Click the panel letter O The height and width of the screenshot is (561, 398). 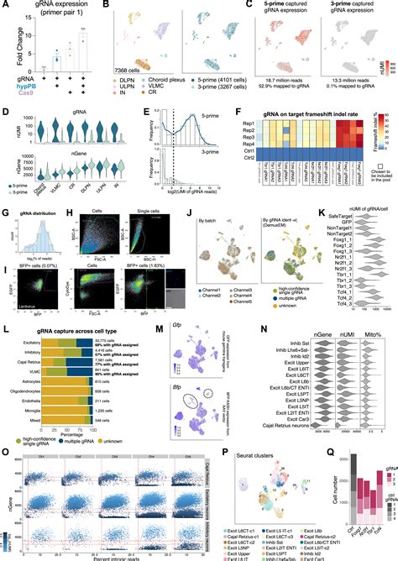click(5, 451)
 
